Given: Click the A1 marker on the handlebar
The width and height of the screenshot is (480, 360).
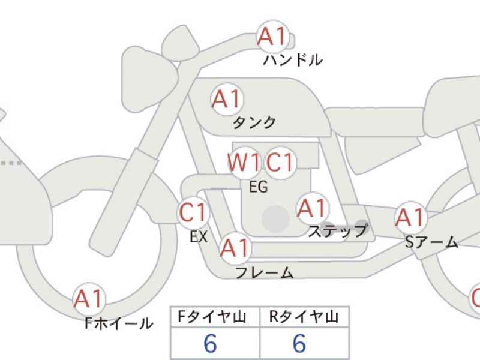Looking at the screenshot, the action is (273, 37).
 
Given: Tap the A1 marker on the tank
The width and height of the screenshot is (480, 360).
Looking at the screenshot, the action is (227, 99).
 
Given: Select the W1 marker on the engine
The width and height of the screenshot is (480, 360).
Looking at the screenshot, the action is (244, 162).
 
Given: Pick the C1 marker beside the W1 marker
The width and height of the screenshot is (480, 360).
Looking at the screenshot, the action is (280, 162).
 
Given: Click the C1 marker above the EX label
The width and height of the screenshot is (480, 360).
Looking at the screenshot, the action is (193, 212).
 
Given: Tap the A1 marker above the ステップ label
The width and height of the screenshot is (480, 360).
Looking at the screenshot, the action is (312, 208).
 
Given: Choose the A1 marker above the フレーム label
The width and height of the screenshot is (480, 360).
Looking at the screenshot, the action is (235, 248).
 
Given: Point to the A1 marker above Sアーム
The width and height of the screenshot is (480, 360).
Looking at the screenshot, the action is (410, 218).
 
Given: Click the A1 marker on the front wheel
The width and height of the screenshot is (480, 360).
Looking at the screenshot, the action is (89, 299).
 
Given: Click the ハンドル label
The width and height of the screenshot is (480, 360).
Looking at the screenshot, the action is (293, 60).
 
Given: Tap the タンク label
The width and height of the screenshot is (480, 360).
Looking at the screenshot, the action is (254, 122).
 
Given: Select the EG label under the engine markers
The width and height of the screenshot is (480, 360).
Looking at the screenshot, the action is (259, 187).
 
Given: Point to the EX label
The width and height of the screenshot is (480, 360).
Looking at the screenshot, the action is (199, 236).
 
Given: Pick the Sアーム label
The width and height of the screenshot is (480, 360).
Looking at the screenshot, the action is (431, 242).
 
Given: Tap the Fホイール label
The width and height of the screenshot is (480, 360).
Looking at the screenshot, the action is (119, 323).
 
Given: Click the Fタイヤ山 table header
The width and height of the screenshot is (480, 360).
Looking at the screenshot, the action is (212, 317).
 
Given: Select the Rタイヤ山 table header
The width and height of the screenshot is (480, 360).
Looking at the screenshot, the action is (304, 317).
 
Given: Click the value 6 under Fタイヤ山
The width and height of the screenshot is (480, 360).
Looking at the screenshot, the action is (211, 343).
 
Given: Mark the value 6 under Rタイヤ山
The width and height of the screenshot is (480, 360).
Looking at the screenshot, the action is (299, 343).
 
